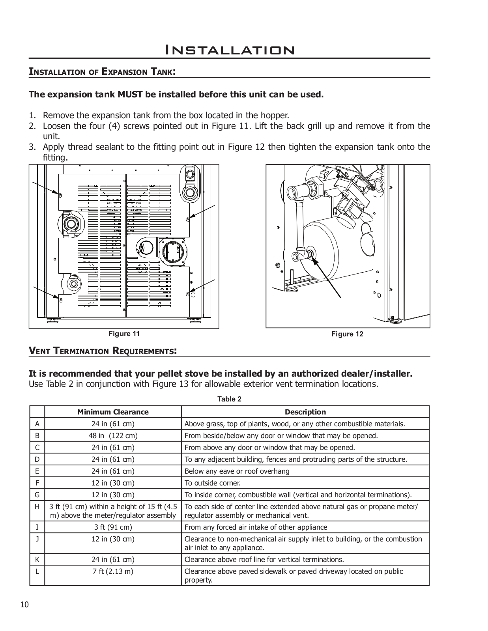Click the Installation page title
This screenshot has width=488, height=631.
click(229, 50)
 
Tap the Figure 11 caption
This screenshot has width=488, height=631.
click(124, 334)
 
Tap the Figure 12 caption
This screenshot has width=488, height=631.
click(347, 334)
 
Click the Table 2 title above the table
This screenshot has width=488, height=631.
click(229, 399)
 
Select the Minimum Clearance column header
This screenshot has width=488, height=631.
click(113, 412)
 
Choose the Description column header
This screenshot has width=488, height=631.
click(305, 412)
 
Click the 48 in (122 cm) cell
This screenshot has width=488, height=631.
click(113, 436)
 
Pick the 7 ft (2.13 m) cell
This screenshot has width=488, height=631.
click(113, 571)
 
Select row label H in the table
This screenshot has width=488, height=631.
click(37, 507)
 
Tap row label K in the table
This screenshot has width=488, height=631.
click(37, 559)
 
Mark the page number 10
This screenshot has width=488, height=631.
click(24, 605)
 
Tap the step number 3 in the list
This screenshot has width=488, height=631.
click(32, 147)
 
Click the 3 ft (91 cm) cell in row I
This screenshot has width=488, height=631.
click(113, 527)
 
